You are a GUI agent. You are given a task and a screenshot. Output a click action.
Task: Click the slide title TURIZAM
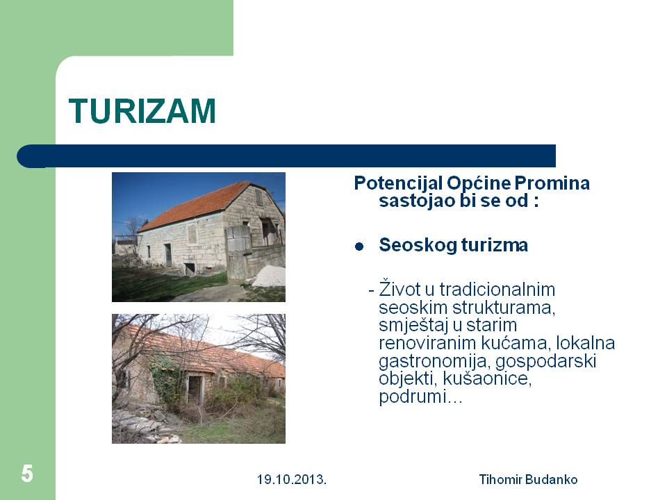coord(142,111)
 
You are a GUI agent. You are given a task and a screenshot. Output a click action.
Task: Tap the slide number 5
coord(27,474)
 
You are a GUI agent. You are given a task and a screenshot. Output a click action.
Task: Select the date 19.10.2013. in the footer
coord(292,480)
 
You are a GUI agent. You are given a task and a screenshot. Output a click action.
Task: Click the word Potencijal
coord(398,183)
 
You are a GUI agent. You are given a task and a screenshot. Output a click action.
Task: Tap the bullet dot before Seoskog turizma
coord(359,246)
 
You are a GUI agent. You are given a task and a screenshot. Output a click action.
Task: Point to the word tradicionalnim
coord(497,290)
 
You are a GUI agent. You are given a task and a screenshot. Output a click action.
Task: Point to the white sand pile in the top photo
coord(270,276)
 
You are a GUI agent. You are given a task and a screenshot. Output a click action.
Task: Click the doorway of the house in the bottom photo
coord(194,390)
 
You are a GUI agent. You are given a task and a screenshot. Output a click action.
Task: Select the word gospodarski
coord(545,362)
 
